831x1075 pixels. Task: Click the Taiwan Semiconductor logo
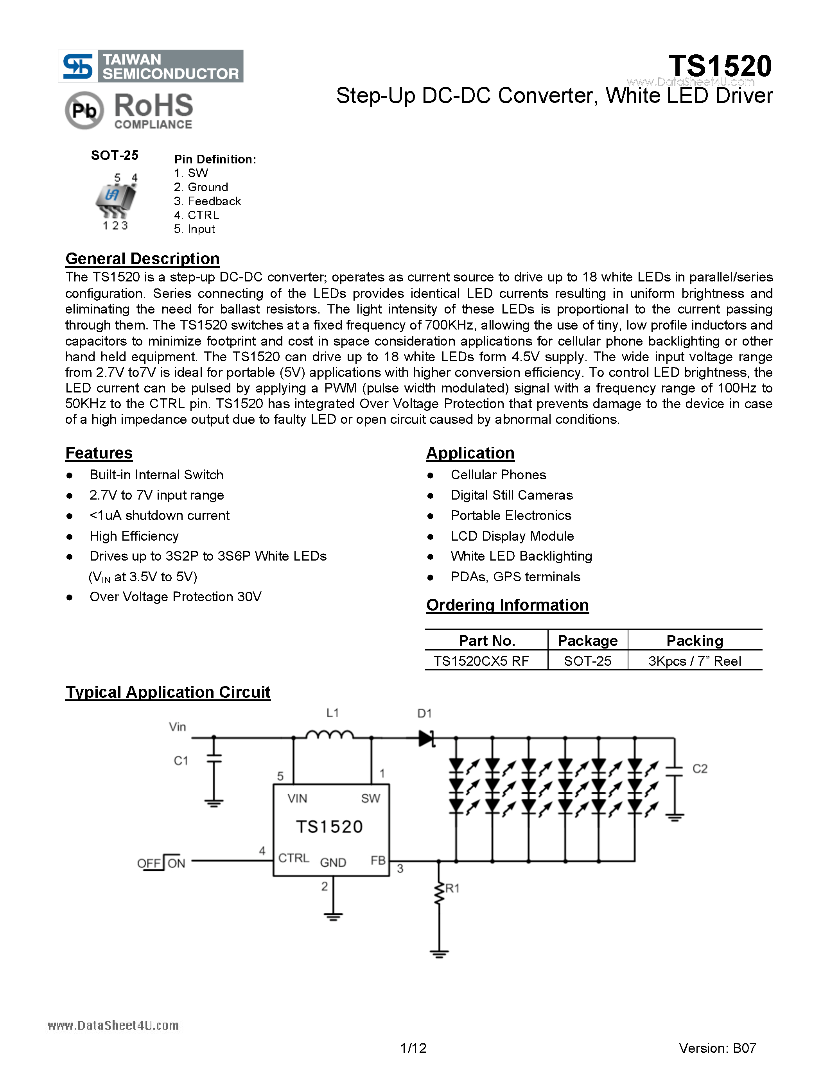[x=150, y=66]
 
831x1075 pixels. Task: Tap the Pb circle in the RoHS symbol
[x=84, y=110]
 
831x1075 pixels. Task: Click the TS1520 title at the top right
[x=720, y=66]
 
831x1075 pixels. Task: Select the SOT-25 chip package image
[x=116, y=199]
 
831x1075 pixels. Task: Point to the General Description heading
[x=142, y=259]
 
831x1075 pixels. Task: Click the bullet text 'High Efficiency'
[x=134, y=536]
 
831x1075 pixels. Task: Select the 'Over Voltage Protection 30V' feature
[x=175, y=597]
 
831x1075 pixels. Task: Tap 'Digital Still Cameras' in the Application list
[x=512, y=495]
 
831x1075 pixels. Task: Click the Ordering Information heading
[x=507, y=605]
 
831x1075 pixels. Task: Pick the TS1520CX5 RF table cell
[x=481, y=661]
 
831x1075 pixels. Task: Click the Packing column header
[x=694, y=640]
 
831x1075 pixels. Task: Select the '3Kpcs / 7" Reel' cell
[x=694, y=661]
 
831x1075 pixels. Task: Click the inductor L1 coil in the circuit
[x=329, y=735]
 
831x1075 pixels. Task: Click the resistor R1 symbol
[x=439, y=892]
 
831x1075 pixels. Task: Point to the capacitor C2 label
[x=700, y=769]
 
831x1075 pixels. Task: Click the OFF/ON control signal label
[x=161, y=863]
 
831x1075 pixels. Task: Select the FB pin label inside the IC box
[x=378, y=860]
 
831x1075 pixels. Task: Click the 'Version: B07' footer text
[x=717, y=1048]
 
